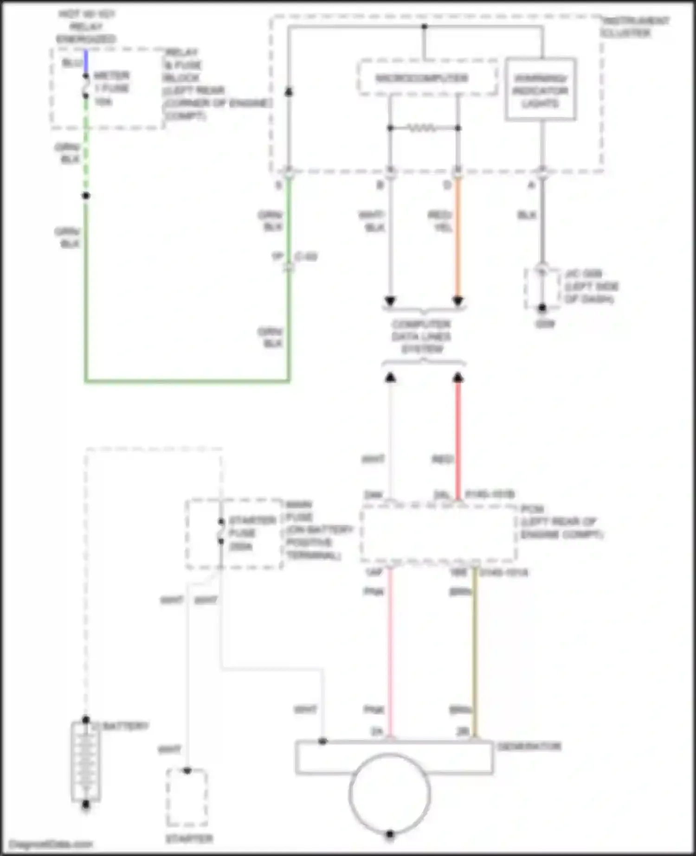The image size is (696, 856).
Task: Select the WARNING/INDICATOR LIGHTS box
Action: click(x=541, y=89)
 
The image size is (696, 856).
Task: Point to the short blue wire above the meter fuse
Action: click(x=86, y=62)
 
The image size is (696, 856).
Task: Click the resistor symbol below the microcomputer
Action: click(x=423, y=128)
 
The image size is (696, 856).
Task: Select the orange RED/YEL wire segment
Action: click(x=458, y=236)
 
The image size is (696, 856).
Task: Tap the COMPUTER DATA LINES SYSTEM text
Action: click(x=421, y=336)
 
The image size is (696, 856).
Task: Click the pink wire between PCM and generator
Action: click(x=390, y=649)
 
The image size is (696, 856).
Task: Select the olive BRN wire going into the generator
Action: click(x=475, y=649)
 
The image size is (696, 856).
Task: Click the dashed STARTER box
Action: click(x=187, y=798)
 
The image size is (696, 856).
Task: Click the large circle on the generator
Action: click(x=390, y=793)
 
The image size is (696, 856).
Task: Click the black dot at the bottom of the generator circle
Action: click(x=390, y=834)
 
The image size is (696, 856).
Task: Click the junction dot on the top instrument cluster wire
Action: click(x=424, y=26)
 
